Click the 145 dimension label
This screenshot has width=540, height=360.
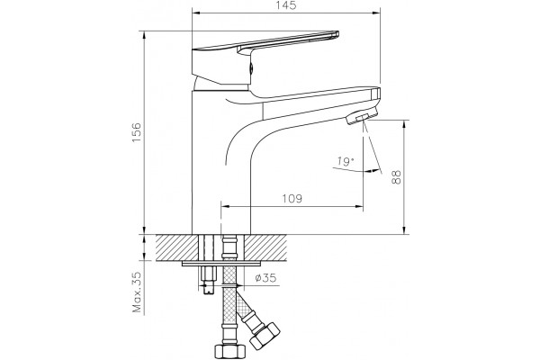[286, 5]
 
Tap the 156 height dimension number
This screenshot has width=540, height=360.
[137, 132]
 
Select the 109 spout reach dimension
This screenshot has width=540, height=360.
[292, 199]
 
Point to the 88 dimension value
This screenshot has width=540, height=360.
[397, 177]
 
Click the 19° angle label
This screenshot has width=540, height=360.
[346, 161]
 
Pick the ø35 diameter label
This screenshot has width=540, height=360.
[265, 278]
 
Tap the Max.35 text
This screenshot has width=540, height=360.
[137, 292]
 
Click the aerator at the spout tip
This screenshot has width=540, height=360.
[361, 117]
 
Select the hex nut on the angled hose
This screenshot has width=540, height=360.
[264, 335]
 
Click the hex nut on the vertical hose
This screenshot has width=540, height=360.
[230, 351]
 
